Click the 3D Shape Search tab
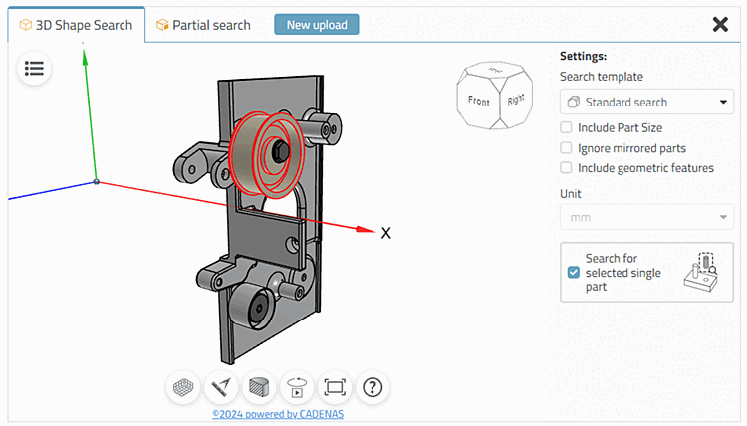point(77,25)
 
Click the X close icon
point(720,24)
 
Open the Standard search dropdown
point(646,102)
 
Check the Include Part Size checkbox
point(566,127)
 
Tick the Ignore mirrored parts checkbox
point(566,148)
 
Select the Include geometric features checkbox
point(566,168)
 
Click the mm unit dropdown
point(646,217)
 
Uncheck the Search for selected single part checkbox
point(573,272)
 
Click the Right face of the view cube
point(514,101)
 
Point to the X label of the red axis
point(385,233)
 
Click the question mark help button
point(372,386)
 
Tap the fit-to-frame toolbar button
point(334,386)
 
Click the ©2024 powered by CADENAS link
point(278,414)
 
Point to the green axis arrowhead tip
point(85,51)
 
